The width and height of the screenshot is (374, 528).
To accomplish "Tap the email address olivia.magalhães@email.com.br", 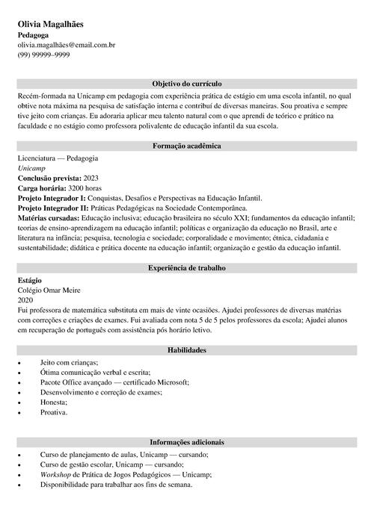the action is pyautogui.click(x=66, y=45).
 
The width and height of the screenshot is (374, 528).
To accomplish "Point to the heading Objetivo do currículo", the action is pyautogui.click(x=186, y=84).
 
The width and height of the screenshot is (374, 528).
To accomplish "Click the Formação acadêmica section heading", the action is pyautogui.click(x=186, y=146).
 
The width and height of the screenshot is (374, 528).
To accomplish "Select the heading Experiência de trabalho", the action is pyautogui.click(x=186, y=267).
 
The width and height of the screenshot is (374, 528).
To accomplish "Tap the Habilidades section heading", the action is pyautogui.click(x=186, y=350).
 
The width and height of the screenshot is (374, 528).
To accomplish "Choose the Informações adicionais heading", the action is pyautogui.click(x=186, y=442).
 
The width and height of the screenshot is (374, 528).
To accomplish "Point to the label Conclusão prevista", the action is pyautogui.click(x=49, y=179).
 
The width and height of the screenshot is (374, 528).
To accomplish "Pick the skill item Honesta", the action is pyautogui.click(x=53, y=402).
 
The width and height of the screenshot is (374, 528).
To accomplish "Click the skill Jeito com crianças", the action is pyautogui.click(x=69, y=361).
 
